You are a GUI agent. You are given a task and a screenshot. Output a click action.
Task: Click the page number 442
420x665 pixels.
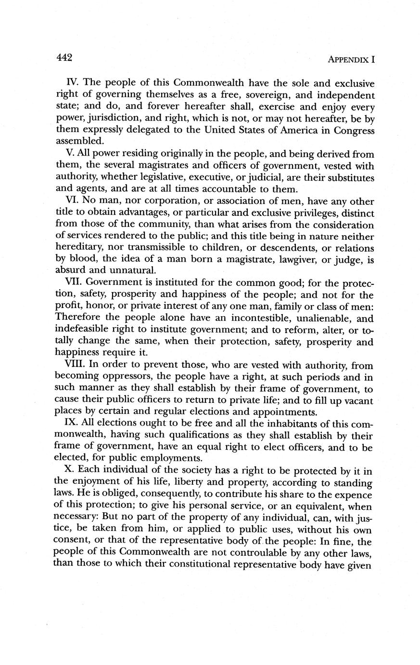64,57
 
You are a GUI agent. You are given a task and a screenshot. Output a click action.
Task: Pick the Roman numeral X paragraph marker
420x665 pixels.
68,470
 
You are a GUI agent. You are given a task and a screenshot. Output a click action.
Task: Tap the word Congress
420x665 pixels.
352,130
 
